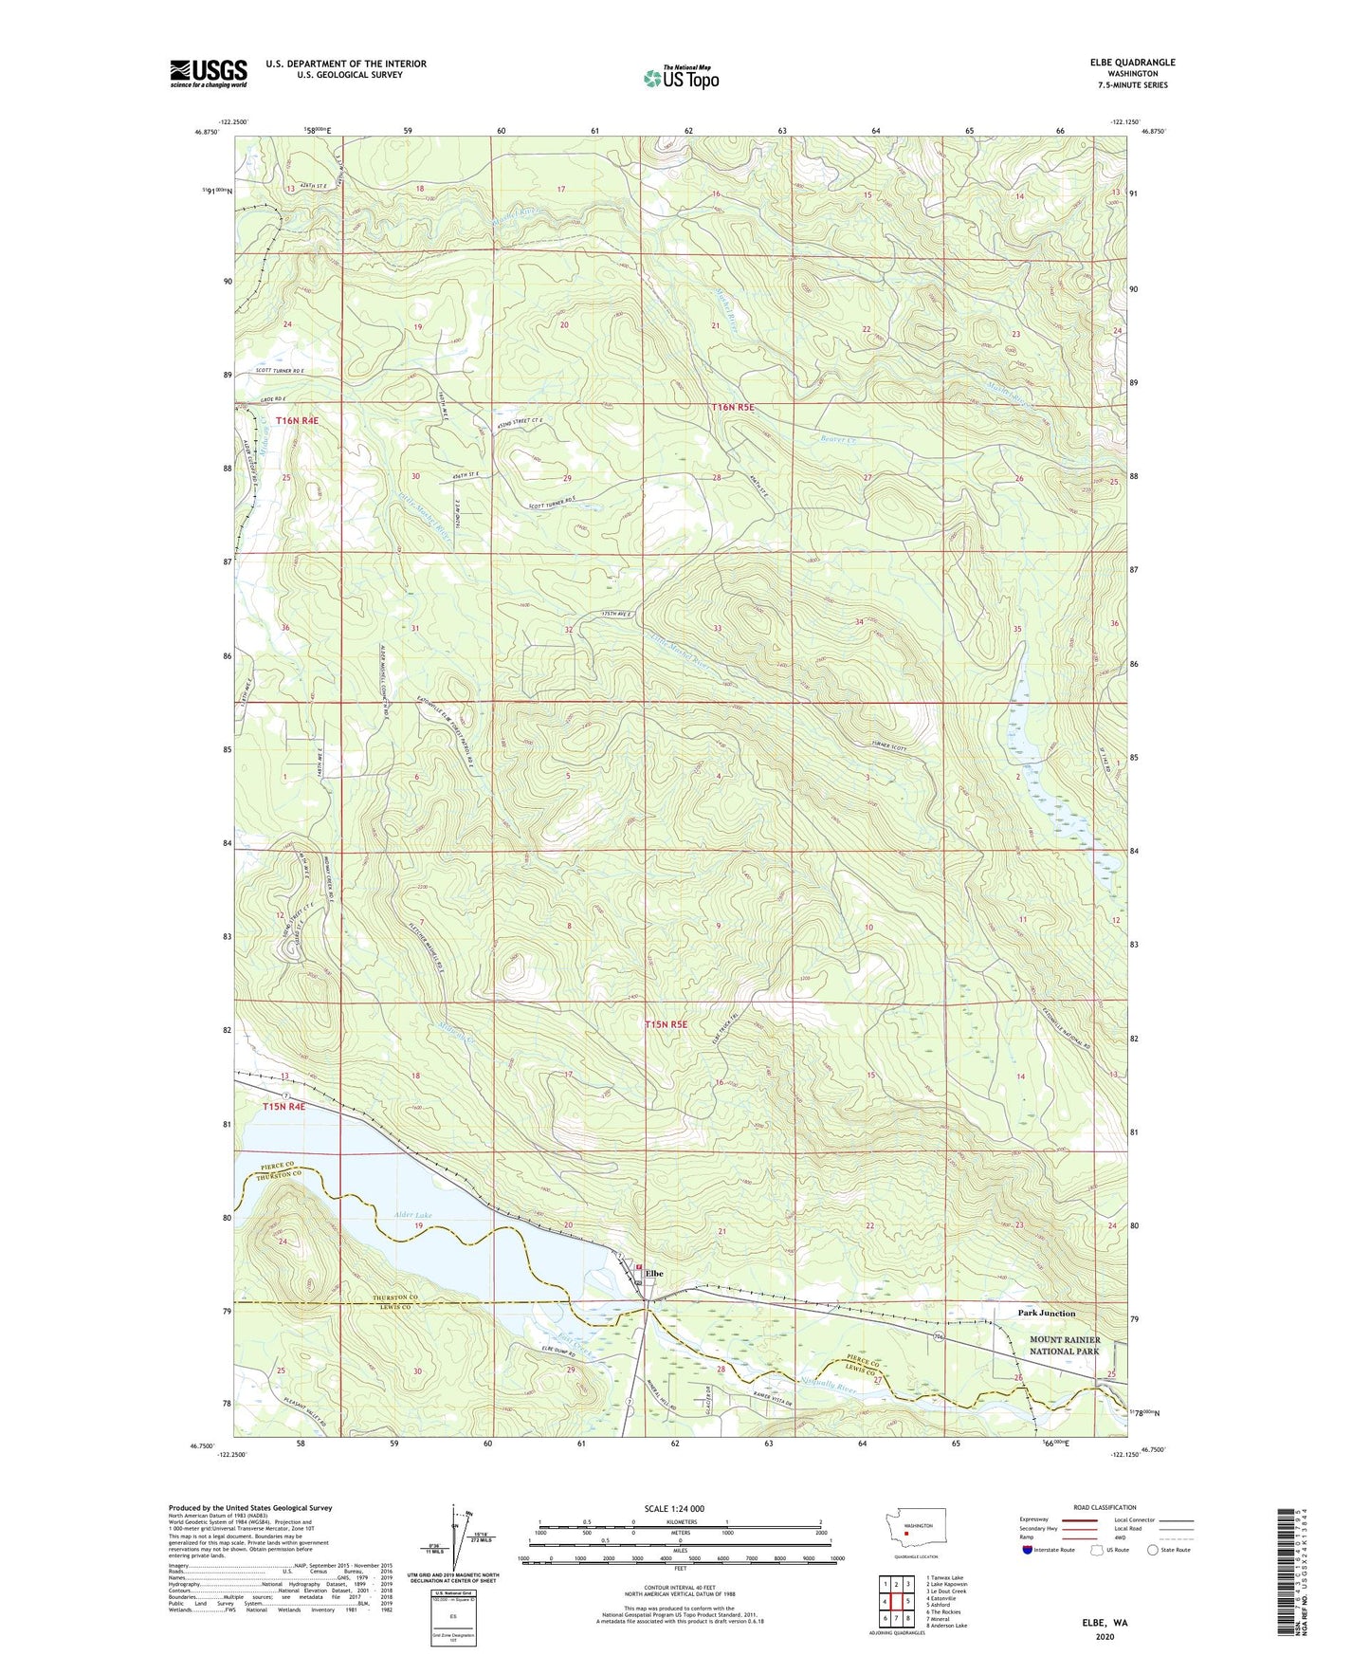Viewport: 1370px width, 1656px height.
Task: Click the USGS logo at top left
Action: point(208,73)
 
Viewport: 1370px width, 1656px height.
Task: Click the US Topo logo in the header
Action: point(681,78)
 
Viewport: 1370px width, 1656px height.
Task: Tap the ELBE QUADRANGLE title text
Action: point(1132,63)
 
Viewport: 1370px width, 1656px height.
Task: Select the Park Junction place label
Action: point(1046,1314)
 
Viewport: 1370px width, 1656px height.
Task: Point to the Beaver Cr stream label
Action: point(837,440)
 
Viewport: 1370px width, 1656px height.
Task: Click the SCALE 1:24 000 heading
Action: point(674,1508)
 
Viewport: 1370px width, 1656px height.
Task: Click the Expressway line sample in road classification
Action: point(1081,1519)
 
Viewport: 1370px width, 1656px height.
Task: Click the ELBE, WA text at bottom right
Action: point(1105,1623)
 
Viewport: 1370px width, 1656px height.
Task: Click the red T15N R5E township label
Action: point(666,1024)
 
